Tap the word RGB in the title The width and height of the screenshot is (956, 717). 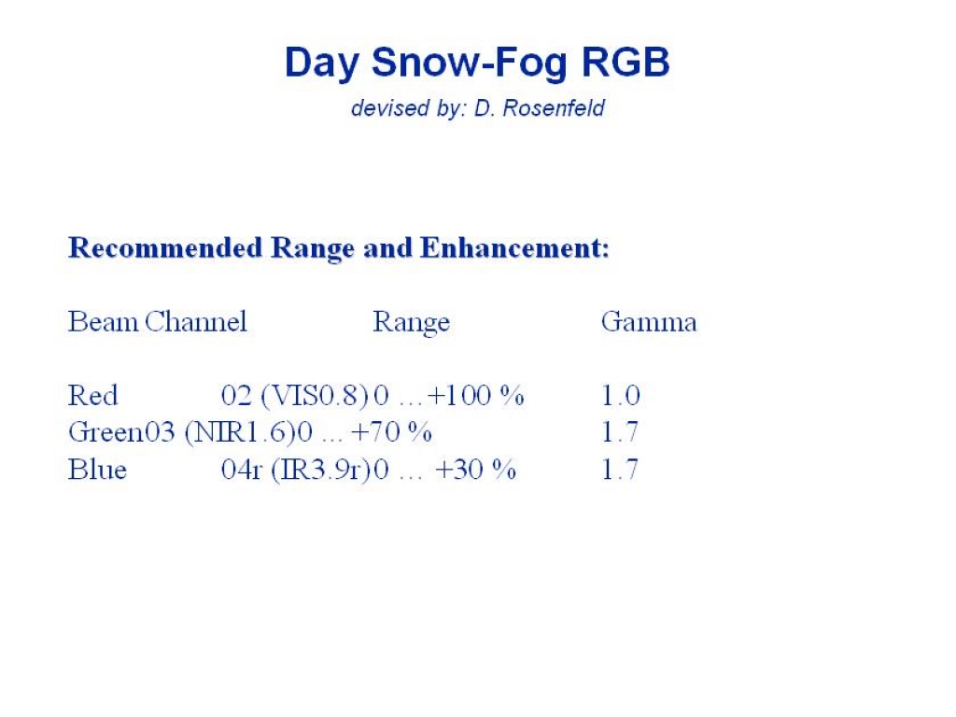[626, 62]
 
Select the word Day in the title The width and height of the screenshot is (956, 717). [321, 63]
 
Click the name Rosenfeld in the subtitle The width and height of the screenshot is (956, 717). [554, 108]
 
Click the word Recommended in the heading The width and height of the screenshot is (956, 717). [165, 247]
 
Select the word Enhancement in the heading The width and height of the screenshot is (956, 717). [514, 247]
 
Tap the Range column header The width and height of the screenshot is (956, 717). [412, 322]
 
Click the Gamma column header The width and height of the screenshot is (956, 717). [649, 321]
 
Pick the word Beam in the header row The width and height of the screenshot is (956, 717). [103, 321]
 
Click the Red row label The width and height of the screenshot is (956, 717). [92, 395]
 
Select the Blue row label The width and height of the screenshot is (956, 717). [97, 470]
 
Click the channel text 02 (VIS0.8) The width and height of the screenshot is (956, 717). [295, 396]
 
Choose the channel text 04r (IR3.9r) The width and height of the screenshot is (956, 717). [296, 471]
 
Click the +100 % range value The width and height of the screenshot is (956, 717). [475, 395]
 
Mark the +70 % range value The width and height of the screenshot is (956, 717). [391, 432]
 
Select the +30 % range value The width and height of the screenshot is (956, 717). [475, 470]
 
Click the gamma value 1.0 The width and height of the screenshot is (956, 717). [621, 395]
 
